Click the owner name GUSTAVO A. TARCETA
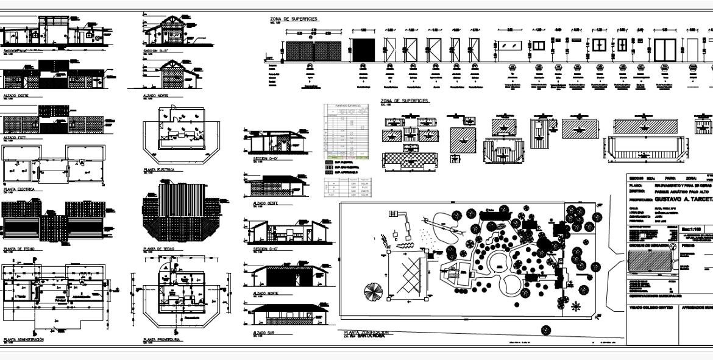[x=677, y=199]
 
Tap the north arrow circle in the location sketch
[x=673, y=246]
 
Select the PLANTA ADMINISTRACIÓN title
[x=24, y=339]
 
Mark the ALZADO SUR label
[x=263, y=333]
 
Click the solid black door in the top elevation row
[x=363, y=49]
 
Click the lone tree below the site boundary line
[x=546, y=331]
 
